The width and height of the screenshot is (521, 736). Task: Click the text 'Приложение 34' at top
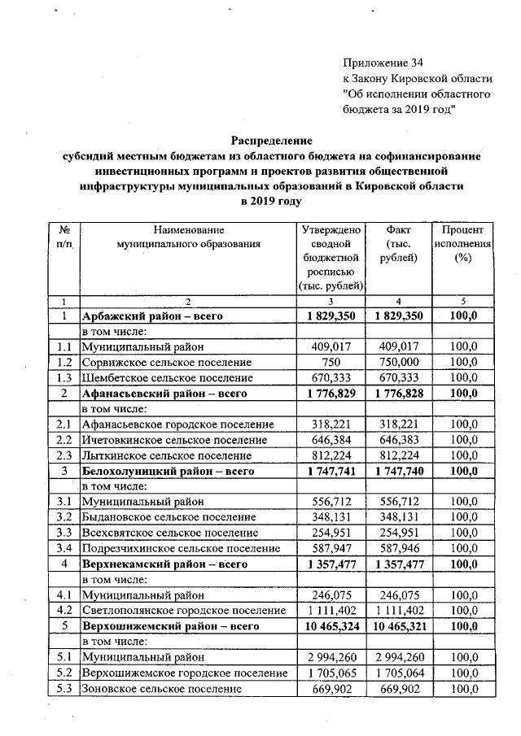coord(383,63)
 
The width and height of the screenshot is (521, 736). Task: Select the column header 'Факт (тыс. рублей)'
coord(399,244)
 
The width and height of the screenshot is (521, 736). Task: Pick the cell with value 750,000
coord(399,362)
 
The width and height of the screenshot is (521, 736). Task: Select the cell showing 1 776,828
coord(399,393)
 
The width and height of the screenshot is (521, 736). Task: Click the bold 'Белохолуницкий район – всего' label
coord(169,471)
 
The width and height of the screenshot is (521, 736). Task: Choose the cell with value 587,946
coord(399,549)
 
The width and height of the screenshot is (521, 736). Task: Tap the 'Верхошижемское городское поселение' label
coord(185,673)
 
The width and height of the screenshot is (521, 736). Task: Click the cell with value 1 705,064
coord(399,673)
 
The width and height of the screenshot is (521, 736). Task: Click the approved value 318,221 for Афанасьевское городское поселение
coord(330,425)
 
